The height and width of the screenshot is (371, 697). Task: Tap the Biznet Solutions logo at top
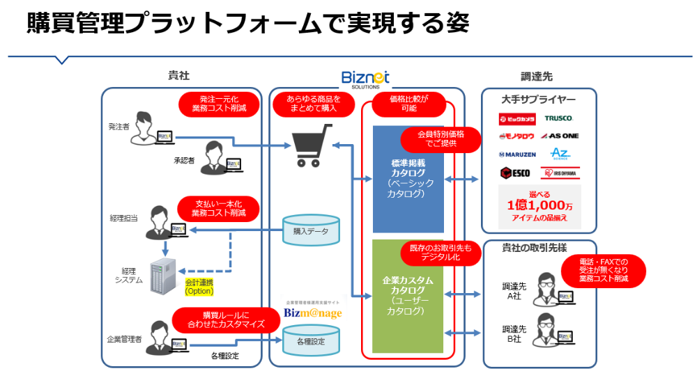pyautogui.click(x=365, y=79)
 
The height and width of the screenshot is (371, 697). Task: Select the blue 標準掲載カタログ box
pyautogui.click(x=408, y=178)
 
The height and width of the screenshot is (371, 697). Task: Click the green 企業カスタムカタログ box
pyautogui.click(x=408, y=296)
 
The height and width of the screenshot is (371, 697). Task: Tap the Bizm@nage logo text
pyautogui.click(x=313, y=313)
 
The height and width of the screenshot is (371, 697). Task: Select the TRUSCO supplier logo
pyautogui.click(x=558, y=118)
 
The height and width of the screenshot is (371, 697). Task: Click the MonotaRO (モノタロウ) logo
pyautogui.click(x=516, y=135)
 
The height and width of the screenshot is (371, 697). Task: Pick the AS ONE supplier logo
pyautogui.click(x=560, y=135)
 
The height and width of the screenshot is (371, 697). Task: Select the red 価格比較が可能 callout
pyautogui.click(x=408, y=104)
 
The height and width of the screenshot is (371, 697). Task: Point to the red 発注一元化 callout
pyautogui.click(x=217, y=104)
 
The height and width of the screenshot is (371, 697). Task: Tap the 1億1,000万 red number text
pyautogui.click(x=540, y=205)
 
